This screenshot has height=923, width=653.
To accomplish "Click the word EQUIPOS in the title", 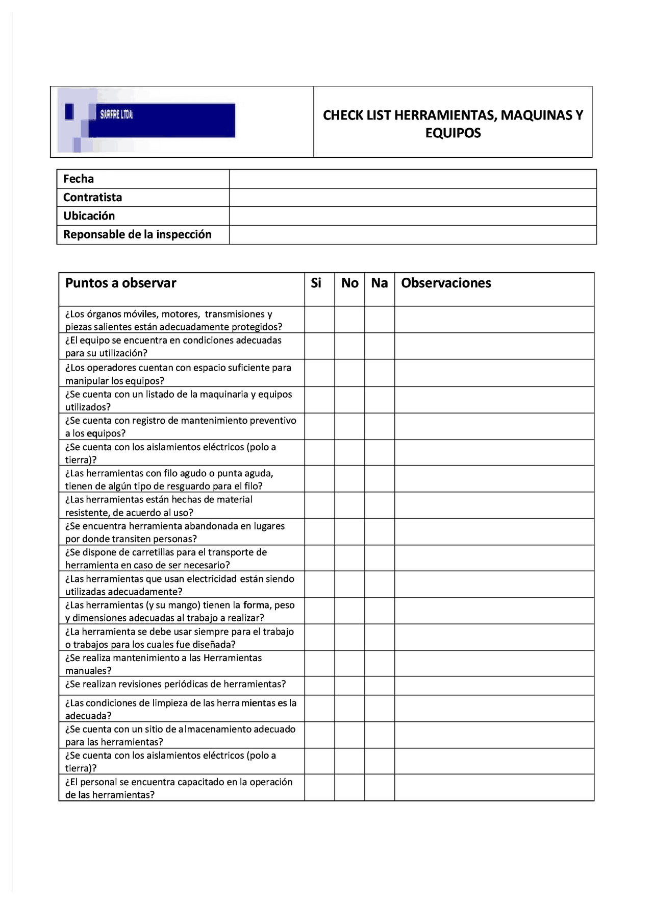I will [x=453, y=133].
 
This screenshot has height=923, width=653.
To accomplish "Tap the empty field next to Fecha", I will [x=412, y=179].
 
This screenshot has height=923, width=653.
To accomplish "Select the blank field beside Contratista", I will [x=412, y=198].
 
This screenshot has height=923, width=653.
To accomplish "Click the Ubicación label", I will [x=89, y=216].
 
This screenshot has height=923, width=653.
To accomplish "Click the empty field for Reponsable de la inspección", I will [x=412, y=235].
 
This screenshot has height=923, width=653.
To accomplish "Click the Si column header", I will [x=316, y=283].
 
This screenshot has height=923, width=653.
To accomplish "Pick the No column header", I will [x=349, y=283].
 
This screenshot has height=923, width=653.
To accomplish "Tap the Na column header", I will [x=379, y=283].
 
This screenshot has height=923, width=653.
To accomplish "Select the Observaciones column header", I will [x=446, y=283].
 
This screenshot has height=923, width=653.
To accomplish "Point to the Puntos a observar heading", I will [x=121, y=283].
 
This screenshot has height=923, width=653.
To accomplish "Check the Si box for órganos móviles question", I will [x=319, y=320].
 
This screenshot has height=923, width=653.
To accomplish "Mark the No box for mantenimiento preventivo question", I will [x=349, y=426].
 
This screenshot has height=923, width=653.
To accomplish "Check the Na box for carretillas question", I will [x=379, y=558].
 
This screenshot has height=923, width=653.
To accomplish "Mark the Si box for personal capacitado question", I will [x=319, y=787].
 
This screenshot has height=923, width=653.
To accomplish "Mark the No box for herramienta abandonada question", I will [x=349, y=532].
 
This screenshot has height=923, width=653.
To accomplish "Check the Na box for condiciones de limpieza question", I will [x=379, y=709].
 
